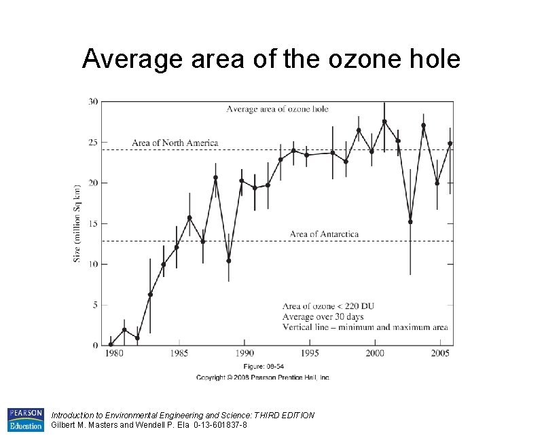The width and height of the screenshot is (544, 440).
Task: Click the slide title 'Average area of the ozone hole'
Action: coord(271,60)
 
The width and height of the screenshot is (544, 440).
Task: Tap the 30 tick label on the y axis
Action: coord(92,102)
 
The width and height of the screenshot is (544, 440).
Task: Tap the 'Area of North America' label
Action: coord(175,143)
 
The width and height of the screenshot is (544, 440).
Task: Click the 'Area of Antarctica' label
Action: coord(324,234)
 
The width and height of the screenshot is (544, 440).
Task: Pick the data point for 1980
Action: coord(111,344)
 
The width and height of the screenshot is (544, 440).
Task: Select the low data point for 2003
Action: coord(410,221)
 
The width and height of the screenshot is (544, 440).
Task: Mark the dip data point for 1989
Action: coord(229,261)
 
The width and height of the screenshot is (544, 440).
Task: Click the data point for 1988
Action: coord(215,178)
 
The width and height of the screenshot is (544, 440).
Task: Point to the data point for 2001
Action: coord(384,122)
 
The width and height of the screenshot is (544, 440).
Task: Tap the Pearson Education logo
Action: coord(25,420)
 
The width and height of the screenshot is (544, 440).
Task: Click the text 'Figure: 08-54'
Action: coord(262,367)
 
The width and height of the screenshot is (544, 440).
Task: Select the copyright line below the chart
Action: coord(263,377)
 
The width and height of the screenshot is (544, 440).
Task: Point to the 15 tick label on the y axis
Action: coord(93,223)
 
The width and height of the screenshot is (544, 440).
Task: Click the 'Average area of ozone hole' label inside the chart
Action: coord(276,109)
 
